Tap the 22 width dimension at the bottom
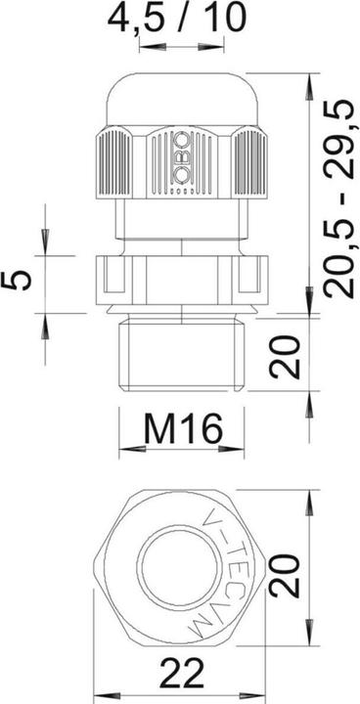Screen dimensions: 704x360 183,677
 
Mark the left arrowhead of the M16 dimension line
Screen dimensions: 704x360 123,453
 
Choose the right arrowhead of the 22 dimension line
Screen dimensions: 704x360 262,697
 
